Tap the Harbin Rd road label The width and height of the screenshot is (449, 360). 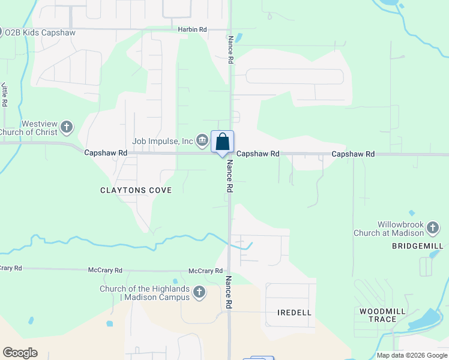click(x=192, y=29)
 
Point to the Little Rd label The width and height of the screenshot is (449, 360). click(x=4, y=94)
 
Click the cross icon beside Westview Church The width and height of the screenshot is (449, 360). click(x=67, y=127)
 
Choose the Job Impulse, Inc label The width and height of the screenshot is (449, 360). click(x=163, y=141)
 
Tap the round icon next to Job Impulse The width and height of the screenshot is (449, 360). click(x=202, y=141)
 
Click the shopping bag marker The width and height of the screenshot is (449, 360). click(x=222, y=142)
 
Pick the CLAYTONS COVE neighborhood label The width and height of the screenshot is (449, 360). click(x=136, y=190)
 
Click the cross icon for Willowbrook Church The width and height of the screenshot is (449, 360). click(x=433, y=228)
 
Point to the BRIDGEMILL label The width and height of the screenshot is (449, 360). click(x=417, y=246)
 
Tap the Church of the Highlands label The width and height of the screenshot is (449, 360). click(x=145, y=293)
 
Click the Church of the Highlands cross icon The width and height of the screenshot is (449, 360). click(x=199, y=293)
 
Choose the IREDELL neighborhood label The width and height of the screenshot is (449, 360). click(x=295, y=313)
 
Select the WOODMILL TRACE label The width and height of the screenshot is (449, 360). click(x=378, y=315)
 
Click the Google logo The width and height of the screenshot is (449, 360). click(x=20, y=353)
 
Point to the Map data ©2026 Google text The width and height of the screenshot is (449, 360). click(x=411, y=355)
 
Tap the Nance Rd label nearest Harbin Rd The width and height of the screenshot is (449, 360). click(x=230, y=49)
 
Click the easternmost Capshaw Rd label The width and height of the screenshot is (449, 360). click(x=353, y=154)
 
